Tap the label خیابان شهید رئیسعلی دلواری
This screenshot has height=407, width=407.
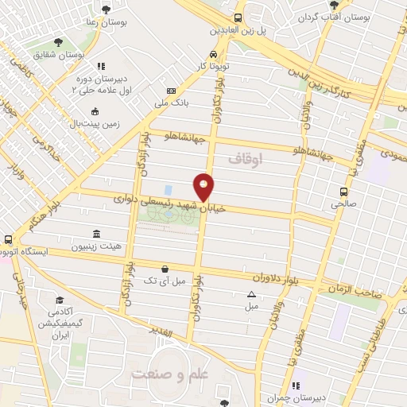click(169, 202)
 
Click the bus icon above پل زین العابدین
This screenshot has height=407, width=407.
click(236, 18)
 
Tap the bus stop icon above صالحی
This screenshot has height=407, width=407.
click(343, 192)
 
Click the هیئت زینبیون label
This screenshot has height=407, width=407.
click(95, 246)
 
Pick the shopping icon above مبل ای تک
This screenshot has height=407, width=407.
click(164, 269)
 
